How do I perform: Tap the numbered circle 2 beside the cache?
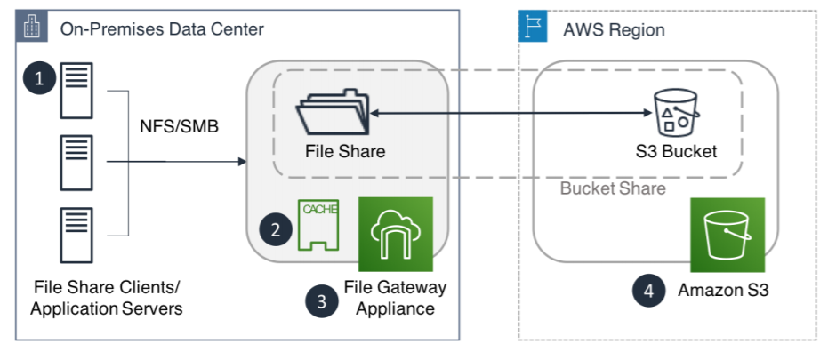point(277,230)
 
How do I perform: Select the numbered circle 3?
point(321,300)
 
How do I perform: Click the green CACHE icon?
point(318,225)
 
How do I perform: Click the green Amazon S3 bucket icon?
point(727,235)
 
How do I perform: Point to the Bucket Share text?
point(613,189)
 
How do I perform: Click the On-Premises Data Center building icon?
point(32,27)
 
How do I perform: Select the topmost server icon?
point(76,91)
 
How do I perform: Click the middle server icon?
point(76,162)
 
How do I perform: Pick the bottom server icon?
point(76,235)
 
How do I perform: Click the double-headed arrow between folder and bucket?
point(507,114)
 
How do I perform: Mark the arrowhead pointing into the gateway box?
point(241,162)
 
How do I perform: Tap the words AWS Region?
point(614,29)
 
